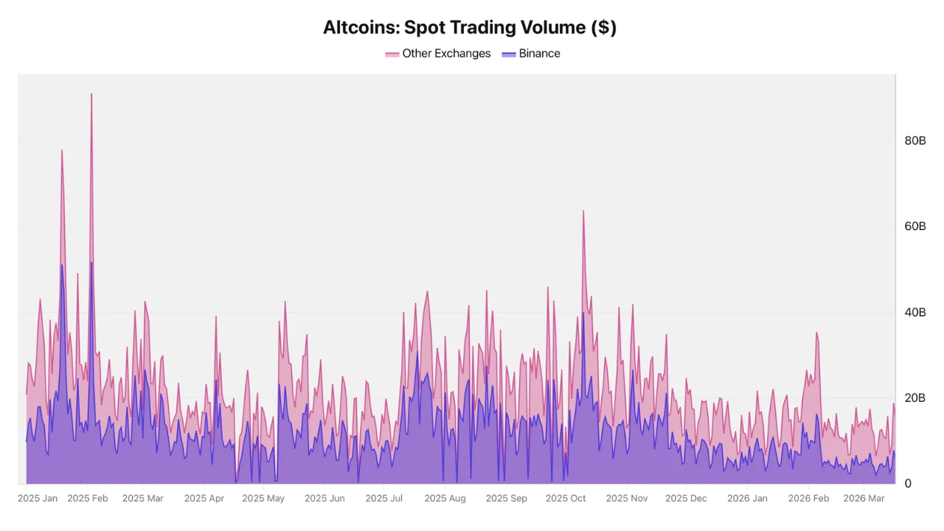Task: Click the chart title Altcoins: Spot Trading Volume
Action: click(470, 28)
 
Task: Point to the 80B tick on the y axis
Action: click(914, 141)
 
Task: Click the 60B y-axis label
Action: click(914, 226)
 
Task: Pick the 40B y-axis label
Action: click(914, 313)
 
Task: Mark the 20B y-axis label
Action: click(914, 398)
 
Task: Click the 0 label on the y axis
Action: click(907, 484)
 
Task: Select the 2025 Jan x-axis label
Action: click(38, 499)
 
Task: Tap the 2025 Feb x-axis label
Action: click(88, 499)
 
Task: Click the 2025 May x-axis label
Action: click(263, 499)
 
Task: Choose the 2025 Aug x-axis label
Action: click(445, 499)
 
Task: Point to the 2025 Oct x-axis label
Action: click(566, 499)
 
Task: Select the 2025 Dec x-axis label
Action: click(686, 499)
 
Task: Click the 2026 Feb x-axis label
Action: click(808, 499)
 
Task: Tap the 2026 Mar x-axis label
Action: click(864, 499)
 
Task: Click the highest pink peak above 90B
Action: click(91, 94)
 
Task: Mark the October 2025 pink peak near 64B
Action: click(583, 211)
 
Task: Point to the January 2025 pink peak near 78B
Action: click(62, 150)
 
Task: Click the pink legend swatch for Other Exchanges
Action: click(392, 55)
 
